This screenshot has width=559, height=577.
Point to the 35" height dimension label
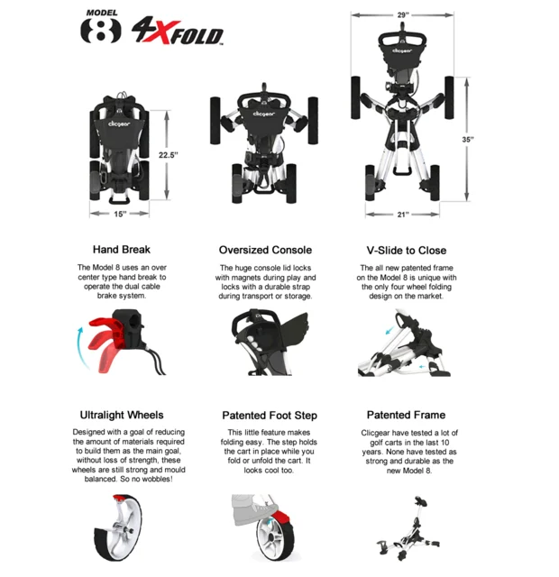pos(468,140)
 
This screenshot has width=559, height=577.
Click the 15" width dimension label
pos(121,214)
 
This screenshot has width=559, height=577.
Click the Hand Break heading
pos(122,250)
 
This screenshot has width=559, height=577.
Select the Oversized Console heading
pos(265,250)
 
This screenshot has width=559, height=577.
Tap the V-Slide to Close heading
pos(406,250)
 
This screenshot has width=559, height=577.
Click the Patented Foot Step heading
pos(270,416)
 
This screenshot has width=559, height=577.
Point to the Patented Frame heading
pos(406,415)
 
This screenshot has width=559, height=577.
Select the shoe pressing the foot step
pos(257,506)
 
